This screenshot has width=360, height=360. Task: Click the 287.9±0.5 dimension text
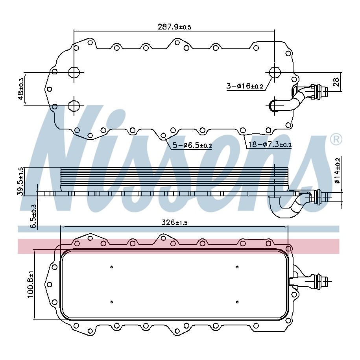(x=174, y=27)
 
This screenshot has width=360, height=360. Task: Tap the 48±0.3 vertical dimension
(x=21, y=89)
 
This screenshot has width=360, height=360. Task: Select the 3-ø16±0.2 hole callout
(x=245, y=86)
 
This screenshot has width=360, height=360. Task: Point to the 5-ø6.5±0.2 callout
(x=192, y=145)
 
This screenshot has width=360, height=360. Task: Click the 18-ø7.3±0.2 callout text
(x=270, y=145)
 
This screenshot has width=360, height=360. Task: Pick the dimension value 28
(x=336, y=82)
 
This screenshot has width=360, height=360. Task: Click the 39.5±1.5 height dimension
(x=20, y=181)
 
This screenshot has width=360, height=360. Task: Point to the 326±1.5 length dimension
(x=174, y=222)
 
